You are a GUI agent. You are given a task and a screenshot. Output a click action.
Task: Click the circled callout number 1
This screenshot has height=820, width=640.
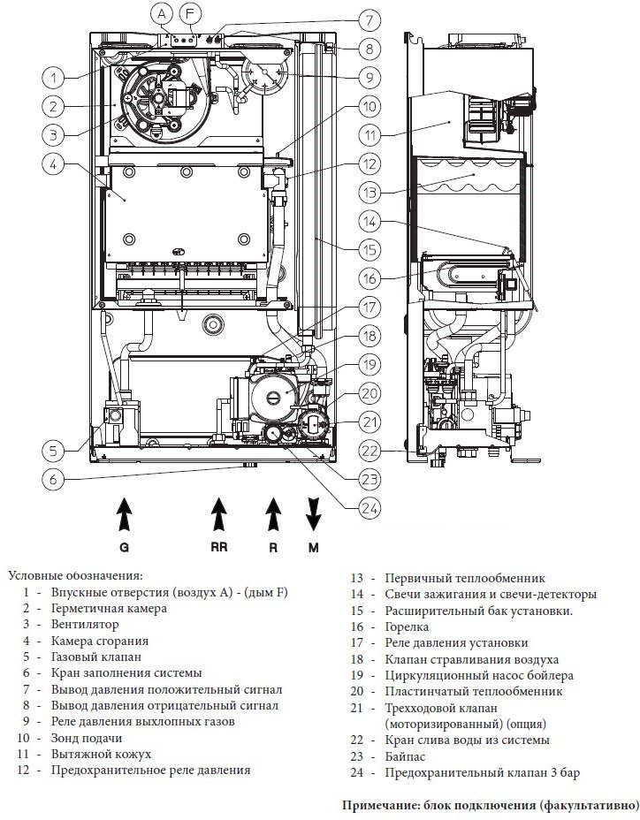53,79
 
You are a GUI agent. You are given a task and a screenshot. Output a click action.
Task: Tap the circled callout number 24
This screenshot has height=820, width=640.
370,508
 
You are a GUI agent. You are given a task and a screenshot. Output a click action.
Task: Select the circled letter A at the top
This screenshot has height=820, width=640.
162,14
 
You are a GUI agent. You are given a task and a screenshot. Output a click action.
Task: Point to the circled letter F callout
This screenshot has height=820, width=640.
190,14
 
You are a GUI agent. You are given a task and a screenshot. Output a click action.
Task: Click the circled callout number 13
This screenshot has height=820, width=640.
370,192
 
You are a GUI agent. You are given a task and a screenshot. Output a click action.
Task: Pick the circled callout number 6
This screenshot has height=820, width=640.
53,479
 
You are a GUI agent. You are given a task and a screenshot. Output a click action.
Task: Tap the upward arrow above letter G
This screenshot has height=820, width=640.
124,513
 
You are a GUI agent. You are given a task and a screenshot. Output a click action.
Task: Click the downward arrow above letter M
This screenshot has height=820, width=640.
314,514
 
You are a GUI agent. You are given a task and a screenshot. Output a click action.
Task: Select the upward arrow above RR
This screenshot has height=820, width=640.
218,513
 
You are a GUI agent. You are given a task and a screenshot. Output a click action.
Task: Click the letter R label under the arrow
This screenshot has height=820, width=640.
273,548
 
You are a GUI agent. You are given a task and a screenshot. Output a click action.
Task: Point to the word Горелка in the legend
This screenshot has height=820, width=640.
407,626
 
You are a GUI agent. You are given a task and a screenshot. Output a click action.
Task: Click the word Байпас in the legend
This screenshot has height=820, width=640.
405,756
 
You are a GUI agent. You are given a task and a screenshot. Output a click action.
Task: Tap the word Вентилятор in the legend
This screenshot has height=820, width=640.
85,624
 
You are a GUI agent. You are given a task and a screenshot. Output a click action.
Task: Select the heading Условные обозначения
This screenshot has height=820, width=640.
75,576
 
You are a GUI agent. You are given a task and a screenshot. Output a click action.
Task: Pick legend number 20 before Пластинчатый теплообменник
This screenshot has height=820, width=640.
356,691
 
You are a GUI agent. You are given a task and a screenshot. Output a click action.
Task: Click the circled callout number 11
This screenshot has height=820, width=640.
370,135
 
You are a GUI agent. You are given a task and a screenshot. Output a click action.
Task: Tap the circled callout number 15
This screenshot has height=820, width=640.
370,249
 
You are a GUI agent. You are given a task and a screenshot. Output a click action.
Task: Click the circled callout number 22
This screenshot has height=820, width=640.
370,451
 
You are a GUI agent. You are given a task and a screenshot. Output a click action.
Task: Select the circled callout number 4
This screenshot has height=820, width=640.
53,163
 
